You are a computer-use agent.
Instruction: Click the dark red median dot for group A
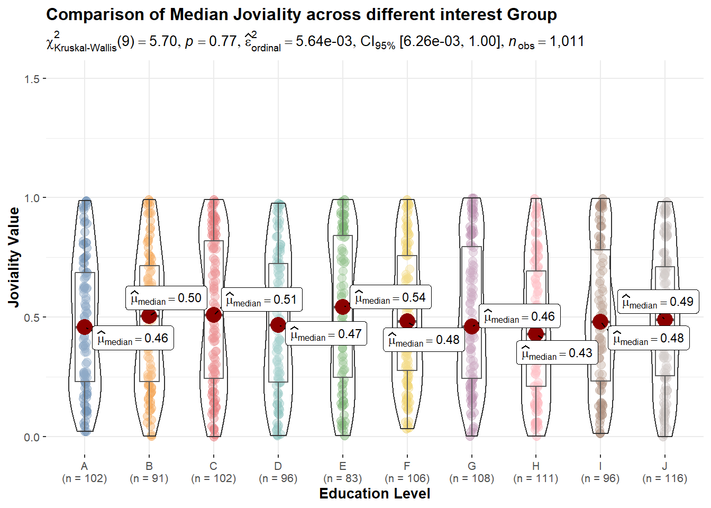84,327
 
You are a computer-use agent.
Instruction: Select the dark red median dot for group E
342,307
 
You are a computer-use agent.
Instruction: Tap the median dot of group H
536,334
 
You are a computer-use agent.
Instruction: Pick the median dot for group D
278,325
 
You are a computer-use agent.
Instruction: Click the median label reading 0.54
390,298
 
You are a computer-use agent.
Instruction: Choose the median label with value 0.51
261,300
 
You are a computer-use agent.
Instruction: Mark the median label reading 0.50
166,298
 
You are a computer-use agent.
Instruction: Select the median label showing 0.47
326,334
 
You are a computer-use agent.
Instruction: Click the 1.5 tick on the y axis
32,79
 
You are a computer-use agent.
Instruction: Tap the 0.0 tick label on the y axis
32,437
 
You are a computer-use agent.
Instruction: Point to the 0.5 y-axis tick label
32,317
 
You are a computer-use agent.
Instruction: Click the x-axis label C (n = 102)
213,472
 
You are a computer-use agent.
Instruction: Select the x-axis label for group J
664,472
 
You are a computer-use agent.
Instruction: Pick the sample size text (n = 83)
342,478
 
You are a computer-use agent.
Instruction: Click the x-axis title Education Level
375,494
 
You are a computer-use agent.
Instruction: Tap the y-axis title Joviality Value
14,257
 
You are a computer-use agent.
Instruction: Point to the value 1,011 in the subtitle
567,41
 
